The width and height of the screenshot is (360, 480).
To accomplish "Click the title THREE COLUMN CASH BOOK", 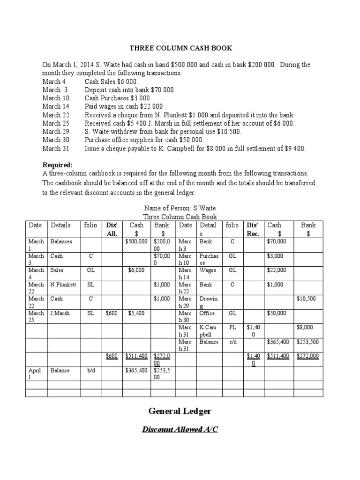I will [x=180, y=48].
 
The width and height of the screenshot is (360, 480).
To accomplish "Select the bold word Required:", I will [x=58, y=165].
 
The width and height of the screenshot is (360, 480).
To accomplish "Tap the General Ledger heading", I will [x=180, y=411].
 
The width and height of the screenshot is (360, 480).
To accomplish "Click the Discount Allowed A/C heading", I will [x=180, y=430].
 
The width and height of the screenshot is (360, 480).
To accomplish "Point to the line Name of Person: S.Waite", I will [x=180, y=208].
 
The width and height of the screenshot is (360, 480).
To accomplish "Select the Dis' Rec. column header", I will [x=253, y=229].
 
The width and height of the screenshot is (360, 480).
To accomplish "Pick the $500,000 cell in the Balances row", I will [x=137, y=241].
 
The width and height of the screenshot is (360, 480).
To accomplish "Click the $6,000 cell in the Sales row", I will [x=136, y=270].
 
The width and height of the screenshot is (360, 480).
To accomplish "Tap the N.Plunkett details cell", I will [x=63, y=285].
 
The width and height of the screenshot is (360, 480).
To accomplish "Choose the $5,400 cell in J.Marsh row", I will [x=136, y=313].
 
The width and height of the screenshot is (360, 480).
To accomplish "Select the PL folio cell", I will [x=232, y=328].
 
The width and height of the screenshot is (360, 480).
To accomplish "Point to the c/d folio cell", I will [x=232, y=342].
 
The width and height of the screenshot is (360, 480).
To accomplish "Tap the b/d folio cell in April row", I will [x=91, y=371].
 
